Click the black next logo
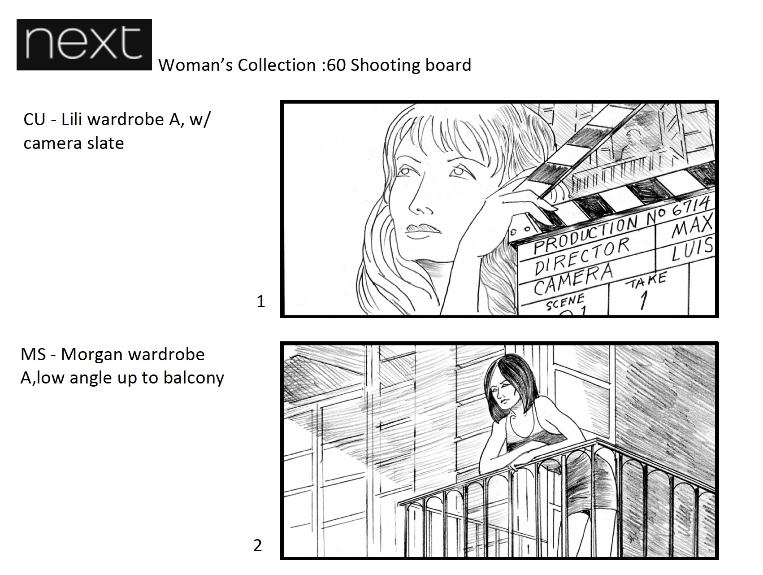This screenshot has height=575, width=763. tap(84, 44)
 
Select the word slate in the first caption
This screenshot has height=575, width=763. tap(106, 143)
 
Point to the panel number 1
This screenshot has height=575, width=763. tap(260, 301)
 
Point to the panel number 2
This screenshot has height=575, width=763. tap(258, 545)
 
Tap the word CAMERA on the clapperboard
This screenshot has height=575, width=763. tap(573, 279)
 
